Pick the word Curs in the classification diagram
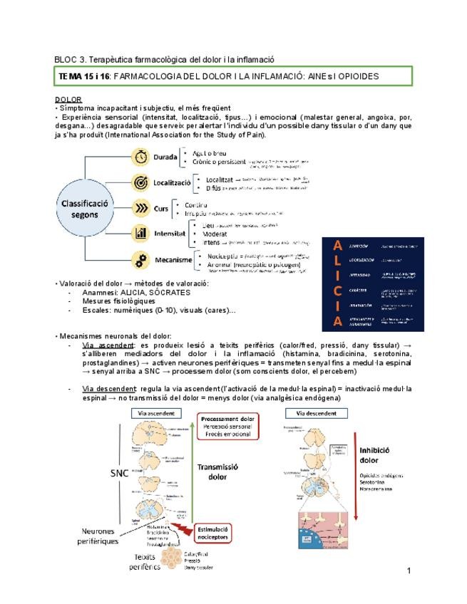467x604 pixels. point(161,209)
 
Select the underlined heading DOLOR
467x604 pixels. point(68,99)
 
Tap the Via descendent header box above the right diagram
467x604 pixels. point(317,412)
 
